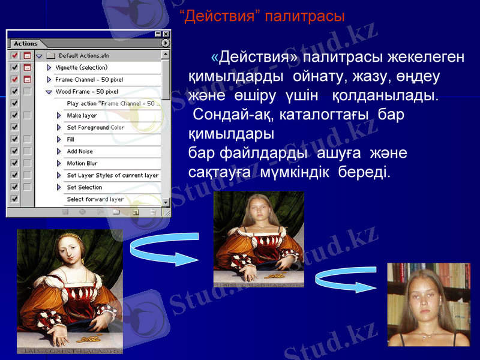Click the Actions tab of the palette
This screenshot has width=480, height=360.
[26, 43]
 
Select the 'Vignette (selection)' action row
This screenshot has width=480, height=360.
[81, 67]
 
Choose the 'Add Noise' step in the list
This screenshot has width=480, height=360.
[80, 151]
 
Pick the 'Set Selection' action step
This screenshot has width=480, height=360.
[84, 187]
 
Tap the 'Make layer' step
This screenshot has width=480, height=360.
[82, 115]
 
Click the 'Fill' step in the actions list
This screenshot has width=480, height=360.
[71, 139]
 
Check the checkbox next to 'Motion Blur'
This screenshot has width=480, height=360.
[14, 163]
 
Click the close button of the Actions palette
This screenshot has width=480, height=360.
[166, 34]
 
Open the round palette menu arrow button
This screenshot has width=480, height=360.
[165, 43]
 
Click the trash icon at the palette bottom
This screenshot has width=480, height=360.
[153, 211]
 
